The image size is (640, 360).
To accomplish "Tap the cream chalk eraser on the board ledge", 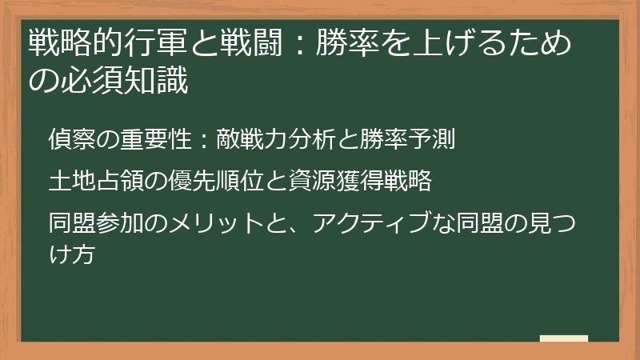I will [563, 338].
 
